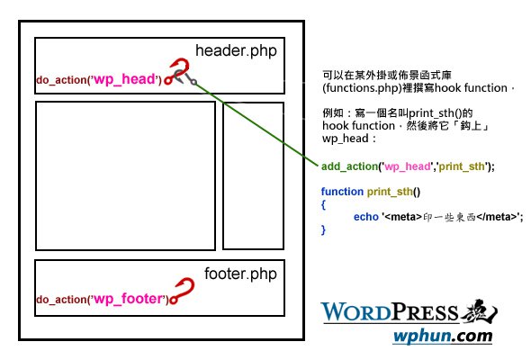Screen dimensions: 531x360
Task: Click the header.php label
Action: (236, 51)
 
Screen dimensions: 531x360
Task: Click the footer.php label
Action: (240, 274)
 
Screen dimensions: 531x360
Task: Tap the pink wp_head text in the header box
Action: (124, 79)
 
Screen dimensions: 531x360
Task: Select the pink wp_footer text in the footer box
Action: (129, 299)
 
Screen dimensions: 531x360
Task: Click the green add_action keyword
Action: (349, 166)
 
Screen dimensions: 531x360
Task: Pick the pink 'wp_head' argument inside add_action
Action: (408, 166)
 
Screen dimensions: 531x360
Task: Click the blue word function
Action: (342, 192)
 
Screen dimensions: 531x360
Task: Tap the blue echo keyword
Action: (365, 217)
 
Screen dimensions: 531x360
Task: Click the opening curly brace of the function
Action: (323, 204)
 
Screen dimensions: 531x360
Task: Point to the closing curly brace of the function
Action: (323, 229)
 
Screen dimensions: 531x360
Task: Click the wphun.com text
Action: (443, 337)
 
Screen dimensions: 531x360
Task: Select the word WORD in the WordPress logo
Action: (356, 312)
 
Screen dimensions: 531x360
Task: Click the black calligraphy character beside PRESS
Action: (479, 310)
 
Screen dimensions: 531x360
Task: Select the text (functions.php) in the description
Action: (362, 88)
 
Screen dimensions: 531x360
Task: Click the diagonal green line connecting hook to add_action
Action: (256, 124)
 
